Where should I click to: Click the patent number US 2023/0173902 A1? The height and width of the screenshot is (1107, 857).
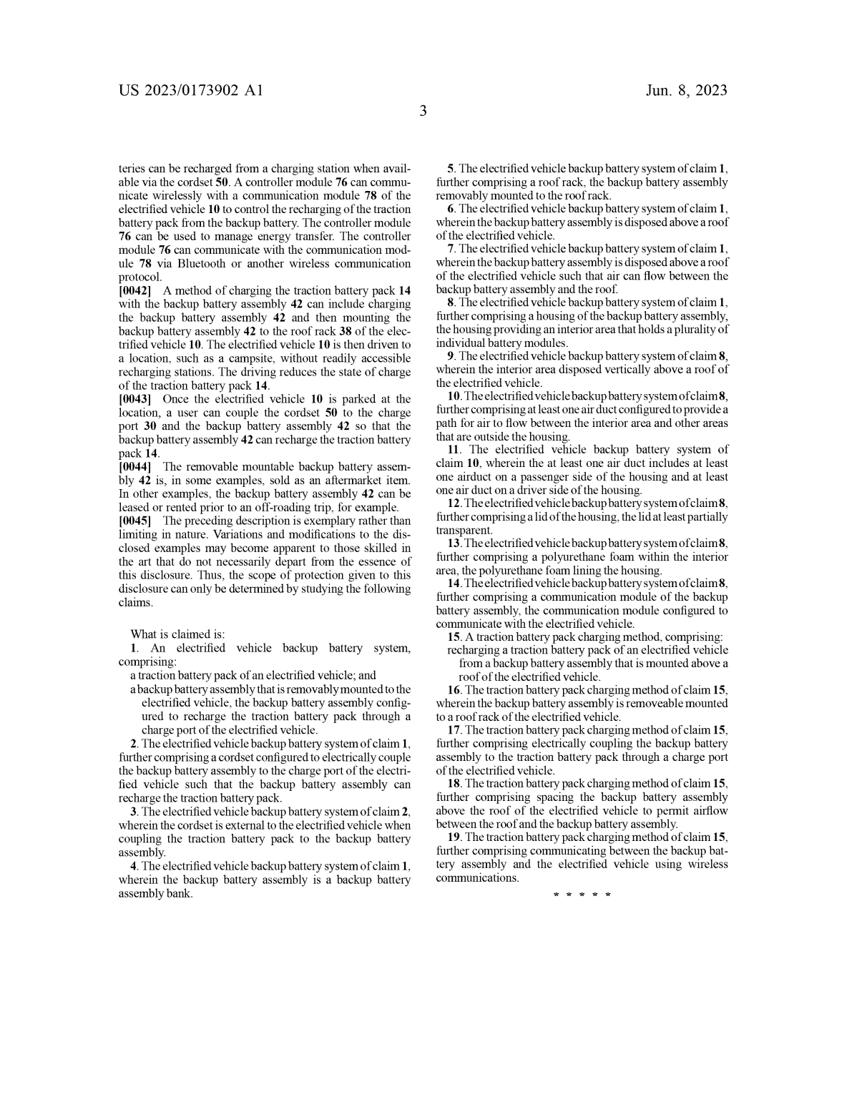(x=191, y=91)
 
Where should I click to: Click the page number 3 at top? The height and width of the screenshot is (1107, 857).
(x=423, y=112)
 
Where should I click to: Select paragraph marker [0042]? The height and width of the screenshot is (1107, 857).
(x=134, y=290)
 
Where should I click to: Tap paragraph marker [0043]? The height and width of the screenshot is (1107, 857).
(x=134, y=399)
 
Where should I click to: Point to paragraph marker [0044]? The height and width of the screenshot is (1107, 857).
(x=134, y=466)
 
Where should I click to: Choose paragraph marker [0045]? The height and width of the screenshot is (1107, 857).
(x=134, y=521)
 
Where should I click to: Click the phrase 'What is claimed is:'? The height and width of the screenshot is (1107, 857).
(x=177, y=634)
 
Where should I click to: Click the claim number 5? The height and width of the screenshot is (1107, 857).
(x=451, y=169)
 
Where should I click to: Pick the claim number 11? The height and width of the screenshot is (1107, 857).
(x=454, y=450)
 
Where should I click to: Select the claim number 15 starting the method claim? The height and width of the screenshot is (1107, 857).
(x=454, y=636)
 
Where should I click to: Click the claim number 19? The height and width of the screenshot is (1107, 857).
(x=454, y=837)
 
